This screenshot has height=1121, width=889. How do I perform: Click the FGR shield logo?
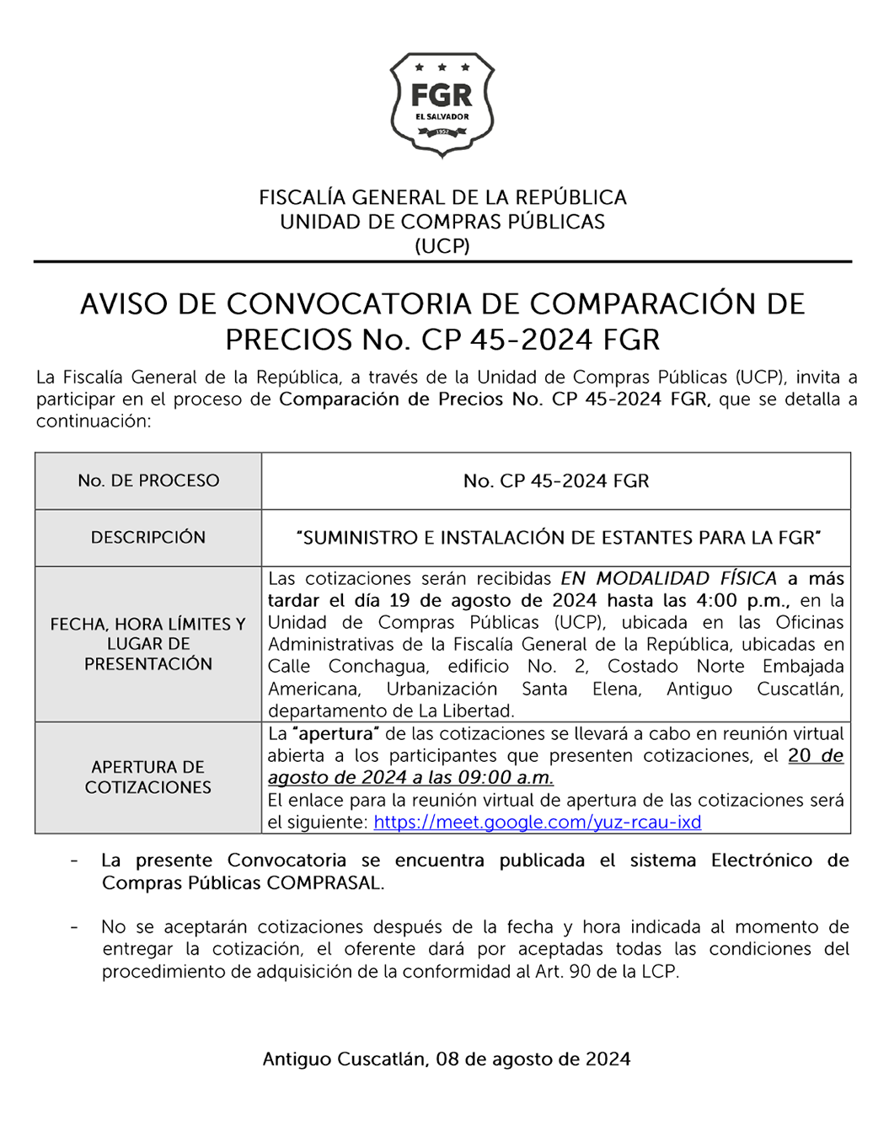442,105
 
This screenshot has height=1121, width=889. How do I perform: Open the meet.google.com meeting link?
537,822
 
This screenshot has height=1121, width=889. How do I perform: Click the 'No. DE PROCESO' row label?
148,480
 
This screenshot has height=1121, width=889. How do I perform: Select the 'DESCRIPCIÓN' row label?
148,538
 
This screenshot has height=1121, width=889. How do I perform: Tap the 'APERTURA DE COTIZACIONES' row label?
148,777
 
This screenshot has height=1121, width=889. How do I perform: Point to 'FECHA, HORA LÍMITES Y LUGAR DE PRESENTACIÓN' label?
148,644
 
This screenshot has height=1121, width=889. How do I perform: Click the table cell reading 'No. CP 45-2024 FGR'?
556,481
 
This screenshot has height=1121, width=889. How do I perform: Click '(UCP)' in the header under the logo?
442,246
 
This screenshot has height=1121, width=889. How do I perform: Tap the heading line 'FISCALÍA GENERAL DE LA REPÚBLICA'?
442,197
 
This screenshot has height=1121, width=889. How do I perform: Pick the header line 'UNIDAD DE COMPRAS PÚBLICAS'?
442,222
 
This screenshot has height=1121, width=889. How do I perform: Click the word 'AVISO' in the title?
124,303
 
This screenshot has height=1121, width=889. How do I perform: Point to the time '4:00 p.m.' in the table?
750,601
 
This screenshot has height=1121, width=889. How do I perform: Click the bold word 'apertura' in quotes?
335,733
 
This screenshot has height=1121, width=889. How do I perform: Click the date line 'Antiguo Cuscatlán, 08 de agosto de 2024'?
446,1059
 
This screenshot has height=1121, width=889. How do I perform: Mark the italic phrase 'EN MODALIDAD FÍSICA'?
669,579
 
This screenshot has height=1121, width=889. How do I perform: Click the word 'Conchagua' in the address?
378,667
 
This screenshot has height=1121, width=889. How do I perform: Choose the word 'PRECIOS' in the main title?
288,340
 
